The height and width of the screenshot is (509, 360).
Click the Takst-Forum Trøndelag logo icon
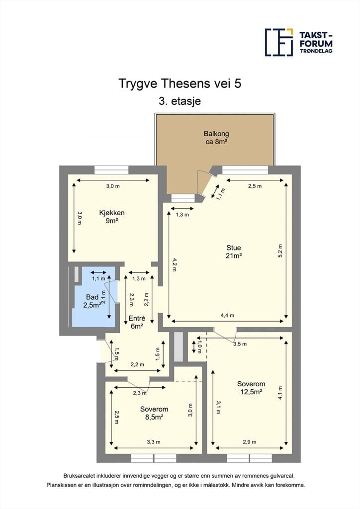point(279,42)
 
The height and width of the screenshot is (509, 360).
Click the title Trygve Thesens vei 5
point(180,84)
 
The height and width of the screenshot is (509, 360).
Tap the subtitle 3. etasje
point(180,101)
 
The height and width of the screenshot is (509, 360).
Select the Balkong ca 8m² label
point(216,137)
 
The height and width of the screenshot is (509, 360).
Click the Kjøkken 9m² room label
point(112,217)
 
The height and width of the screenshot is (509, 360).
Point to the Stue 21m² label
point(234,252)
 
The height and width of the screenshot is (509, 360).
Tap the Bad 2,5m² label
point(92,301)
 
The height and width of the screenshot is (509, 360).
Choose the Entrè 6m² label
point(137,322)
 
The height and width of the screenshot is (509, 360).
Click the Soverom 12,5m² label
point(251,388)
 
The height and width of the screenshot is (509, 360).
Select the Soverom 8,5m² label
point(154,413)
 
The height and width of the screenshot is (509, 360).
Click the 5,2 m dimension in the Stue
point(280,251)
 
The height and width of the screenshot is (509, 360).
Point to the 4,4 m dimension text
point(227,315)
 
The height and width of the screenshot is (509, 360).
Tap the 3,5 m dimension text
point(240,344)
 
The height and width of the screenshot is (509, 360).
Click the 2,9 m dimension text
point(249,442)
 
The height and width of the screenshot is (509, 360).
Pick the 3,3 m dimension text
point(154,442)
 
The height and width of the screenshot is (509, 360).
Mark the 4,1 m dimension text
point(280,393)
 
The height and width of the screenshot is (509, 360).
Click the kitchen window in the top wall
point(111,170)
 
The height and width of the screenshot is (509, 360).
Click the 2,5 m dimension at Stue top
point(255,186)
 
